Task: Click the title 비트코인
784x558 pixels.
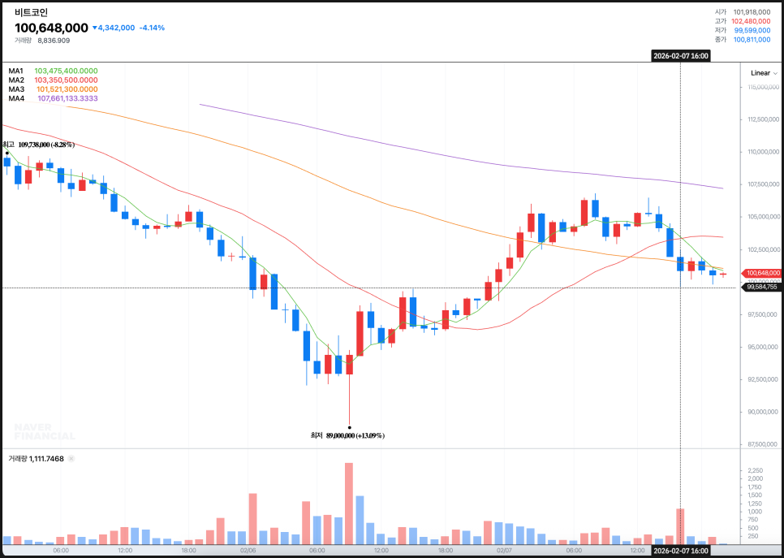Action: (31, 12)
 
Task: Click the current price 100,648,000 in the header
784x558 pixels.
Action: (51, 28)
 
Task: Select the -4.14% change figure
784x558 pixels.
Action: (152, 28)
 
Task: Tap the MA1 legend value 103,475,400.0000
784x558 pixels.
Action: (66, 71)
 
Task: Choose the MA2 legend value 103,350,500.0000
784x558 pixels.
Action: (66, 80)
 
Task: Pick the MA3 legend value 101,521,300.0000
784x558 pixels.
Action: (66, 89)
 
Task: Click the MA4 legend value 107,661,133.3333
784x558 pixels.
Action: (67, 98)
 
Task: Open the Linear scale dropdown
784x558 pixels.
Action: (763, 73)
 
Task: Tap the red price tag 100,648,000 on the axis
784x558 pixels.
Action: (762, 273)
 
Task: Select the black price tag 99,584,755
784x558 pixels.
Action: (762, 287)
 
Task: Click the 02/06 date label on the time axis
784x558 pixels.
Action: (248, 550)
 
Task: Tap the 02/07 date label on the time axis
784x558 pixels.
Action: (504, 550)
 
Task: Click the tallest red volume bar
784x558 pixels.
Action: (349, 504)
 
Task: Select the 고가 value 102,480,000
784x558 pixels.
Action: (751, 21)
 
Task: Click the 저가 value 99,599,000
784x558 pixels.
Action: (752, 30)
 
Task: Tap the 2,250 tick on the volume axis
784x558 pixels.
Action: (755, 470)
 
